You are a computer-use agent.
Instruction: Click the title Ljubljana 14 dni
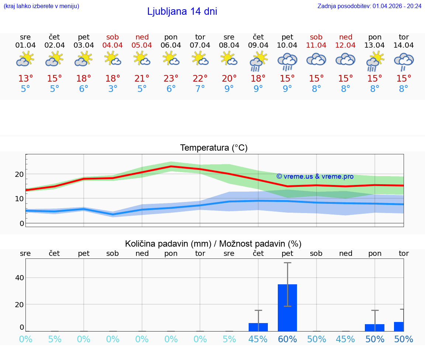[182, 11]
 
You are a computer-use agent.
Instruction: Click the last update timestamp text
[369, 6]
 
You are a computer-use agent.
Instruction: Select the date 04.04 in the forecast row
[113, 45]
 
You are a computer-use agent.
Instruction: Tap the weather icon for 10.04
[287, 61]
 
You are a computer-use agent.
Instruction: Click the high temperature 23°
[171, 79]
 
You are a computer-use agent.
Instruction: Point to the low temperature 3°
[113, 89]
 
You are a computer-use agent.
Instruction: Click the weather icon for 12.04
[346, 60]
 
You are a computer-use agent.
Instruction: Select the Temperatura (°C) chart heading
[214, 148]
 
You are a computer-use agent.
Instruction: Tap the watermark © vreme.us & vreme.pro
[315, 176]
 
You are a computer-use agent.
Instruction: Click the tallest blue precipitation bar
[287, 307]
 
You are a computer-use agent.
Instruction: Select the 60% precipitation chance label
[287, 339]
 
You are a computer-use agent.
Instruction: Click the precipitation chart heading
[213, 244]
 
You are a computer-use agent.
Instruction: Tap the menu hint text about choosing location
[41, 6]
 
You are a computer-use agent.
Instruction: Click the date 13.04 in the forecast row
[375, 45]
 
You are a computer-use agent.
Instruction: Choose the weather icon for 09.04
[258, 61]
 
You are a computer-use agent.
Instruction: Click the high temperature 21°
[142, 79]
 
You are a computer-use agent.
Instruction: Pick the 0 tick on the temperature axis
[22, 223]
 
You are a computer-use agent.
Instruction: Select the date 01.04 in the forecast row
[25, 45]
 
